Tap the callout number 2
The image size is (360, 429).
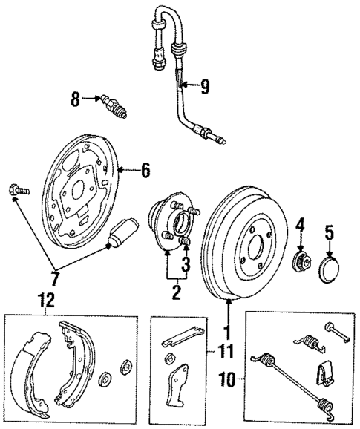click(176, 292)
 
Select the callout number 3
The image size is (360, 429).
click(186, 263)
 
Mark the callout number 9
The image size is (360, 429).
click(204, 86)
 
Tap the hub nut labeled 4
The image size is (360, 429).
click(301, 261)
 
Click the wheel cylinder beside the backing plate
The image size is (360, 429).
click(122, 233)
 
